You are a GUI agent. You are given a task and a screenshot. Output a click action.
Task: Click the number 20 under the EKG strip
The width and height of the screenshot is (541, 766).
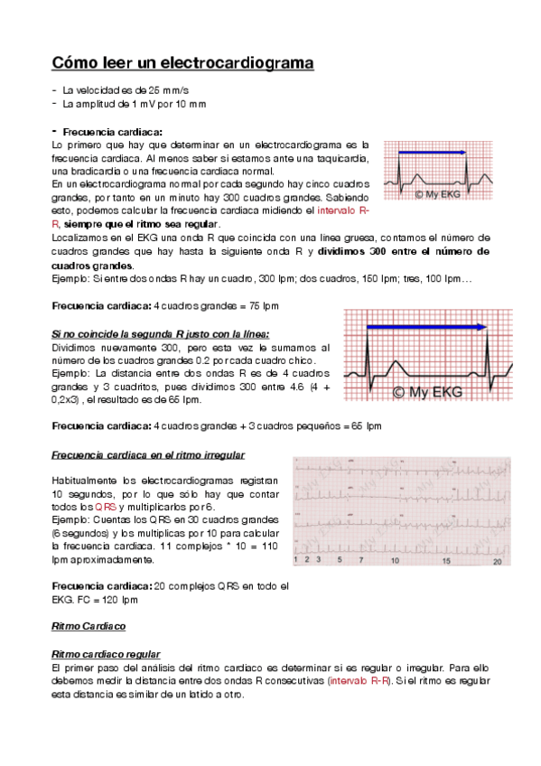pos(497,561)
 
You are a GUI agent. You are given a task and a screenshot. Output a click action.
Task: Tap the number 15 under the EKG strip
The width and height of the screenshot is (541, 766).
pos(446,561)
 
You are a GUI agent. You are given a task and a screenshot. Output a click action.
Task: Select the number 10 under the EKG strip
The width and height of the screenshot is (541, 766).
pos(395,561)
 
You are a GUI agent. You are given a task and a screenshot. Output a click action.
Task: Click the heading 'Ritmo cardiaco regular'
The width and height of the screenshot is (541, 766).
pos(106,653)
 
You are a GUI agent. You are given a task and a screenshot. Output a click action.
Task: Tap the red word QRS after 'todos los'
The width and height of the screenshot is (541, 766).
pos(107,508)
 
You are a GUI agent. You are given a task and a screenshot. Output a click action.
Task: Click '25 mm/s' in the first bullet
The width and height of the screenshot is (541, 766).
pos(166,91)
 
